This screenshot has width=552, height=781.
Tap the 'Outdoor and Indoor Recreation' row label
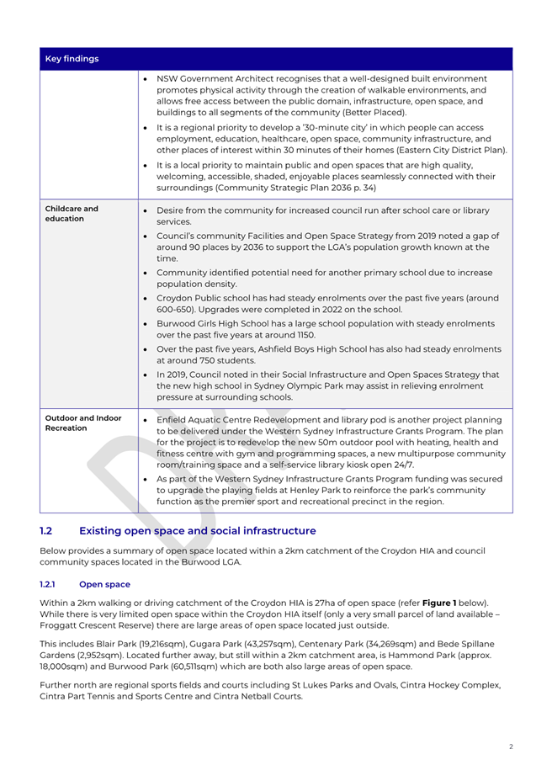coord(77,425)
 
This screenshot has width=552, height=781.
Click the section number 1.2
coord(47,531)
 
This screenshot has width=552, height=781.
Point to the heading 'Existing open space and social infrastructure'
coord(197,531)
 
